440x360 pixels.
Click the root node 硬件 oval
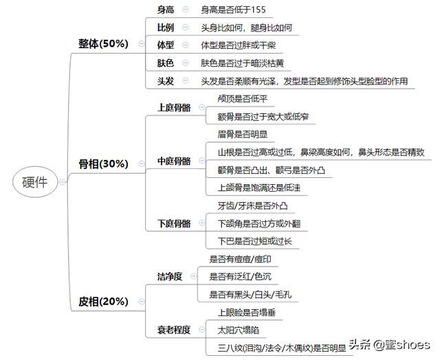[35, 182]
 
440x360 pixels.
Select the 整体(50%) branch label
[103, 43]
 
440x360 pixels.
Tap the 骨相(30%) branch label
[103, 164]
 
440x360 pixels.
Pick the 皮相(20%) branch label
[103, 302]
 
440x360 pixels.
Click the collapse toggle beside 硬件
[63, 182]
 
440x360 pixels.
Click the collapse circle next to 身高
[185, 10]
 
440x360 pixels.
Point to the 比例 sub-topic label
[166, 27]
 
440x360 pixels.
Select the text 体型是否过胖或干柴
[239, 45]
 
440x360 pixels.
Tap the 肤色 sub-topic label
[166, 63]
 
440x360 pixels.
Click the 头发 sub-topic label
[166, 81]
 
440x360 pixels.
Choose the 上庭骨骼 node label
[174, 107]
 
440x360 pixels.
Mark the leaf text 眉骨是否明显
[243, 134]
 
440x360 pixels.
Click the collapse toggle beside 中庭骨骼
[201, 161]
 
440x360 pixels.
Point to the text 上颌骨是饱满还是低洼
[259, 188]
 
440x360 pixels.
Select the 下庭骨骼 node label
[174, 223]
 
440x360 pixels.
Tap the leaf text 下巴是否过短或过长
[255, 241]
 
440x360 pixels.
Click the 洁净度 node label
[170, 277]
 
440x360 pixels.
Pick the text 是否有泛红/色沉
[240, 277]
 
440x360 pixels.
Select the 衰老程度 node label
[174, 330]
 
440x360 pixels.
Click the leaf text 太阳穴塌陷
[239, 330]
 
